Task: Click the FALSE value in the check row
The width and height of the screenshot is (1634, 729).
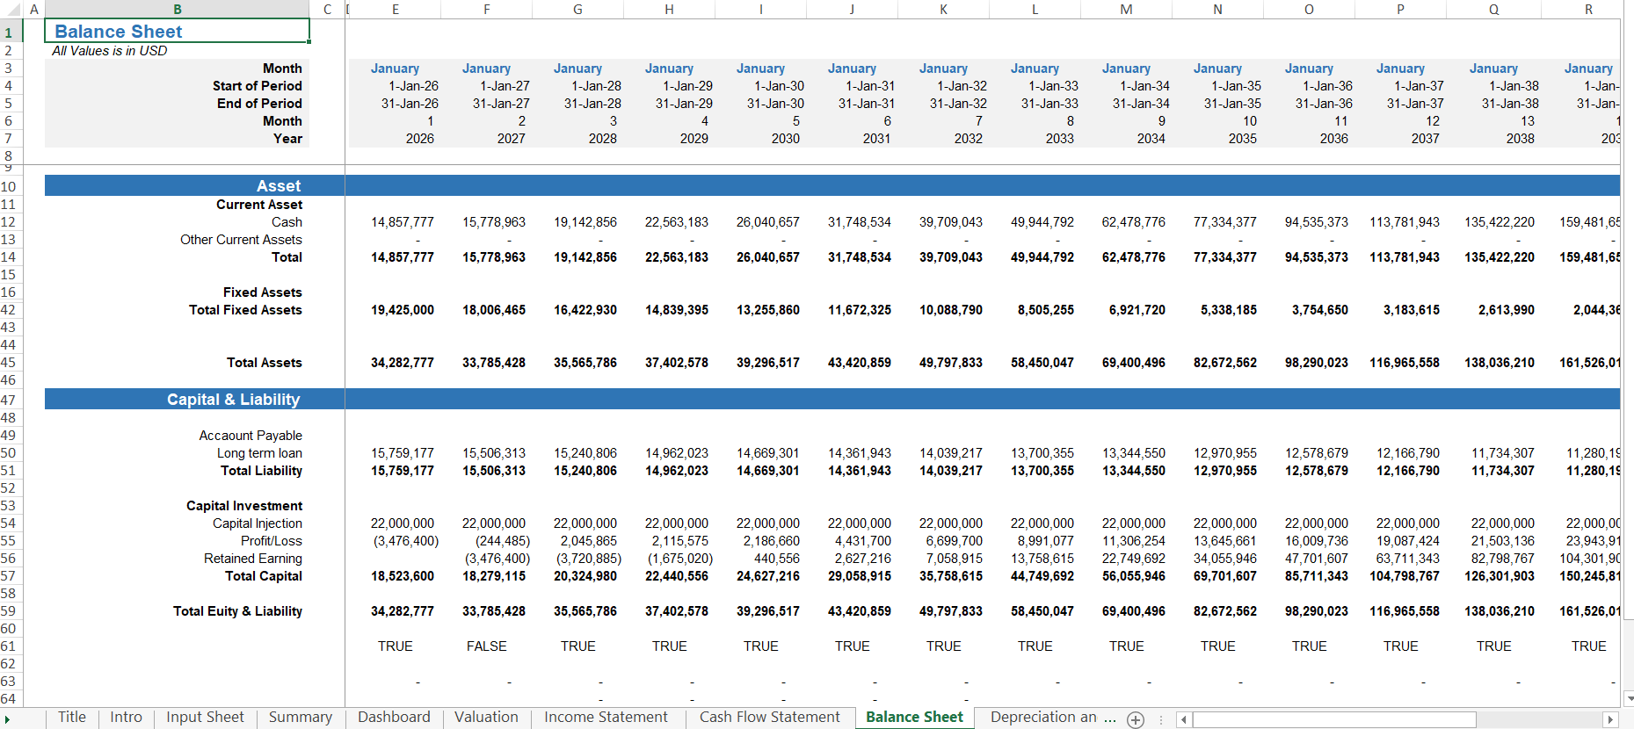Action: (x=486, y=646)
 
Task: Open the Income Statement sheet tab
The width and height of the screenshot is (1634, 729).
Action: (x=606, y=718)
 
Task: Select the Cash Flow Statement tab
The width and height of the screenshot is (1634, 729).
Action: (x=769, y=718)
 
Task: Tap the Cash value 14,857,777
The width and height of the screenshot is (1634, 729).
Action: (x=402, y=222)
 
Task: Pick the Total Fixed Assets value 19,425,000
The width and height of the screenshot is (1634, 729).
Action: (x=402, y=310)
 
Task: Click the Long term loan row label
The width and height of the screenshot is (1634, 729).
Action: (x=259, y=453)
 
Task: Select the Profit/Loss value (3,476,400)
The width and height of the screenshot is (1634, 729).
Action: (x=405, y=541)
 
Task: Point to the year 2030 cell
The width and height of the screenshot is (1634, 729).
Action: (x=785, y=139)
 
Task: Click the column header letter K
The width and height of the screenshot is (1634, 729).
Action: (x=943, y=9)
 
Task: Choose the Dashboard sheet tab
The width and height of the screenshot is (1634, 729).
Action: (x=394, y=718)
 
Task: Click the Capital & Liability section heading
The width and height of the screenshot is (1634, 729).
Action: (x=233, y=400)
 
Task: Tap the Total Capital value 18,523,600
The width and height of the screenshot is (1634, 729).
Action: (x=402, y=576)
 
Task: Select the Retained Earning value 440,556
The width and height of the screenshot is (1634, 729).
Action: (x=776, y=559)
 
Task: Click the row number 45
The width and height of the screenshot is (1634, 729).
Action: (x=9, y=363)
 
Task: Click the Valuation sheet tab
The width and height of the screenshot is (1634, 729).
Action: (x=486, y=718)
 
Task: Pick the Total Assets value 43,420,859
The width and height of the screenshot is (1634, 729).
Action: (x=859, y=363)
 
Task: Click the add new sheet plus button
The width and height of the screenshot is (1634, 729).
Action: (x=1136, y=720)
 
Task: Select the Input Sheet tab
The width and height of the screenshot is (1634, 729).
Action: (x=205, y=718)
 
